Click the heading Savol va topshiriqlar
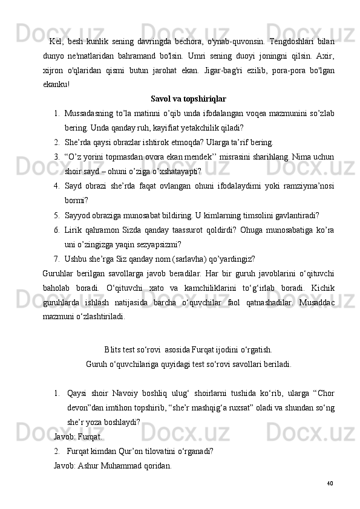coord(188,99)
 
